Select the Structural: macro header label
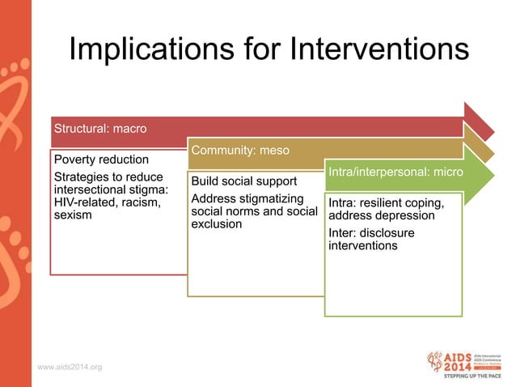click(x=99, y=128)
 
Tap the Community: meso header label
click(x=240, y=151)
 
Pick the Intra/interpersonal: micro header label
click(x=395, y=172)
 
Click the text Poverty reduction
click(x=101, y=159)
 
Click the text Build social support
click(x=244, y=180)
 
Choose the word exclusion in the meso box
click(x=217, y=223)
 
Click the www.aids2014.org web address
click(x=70, y=368)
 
